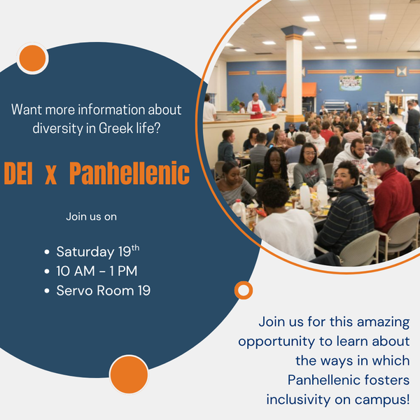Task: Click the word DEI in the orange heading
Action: point(18,173)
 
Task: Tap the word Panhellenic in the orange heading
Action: point(129,173)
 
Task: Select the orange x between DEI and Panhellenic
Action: point(51,175)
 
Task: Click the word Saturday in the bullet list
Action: point(85,252)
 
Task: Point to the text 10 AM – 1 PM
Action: point(97,271)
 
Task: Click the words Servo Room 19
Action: point(104,290)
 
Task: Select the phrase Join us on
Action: point(91,216)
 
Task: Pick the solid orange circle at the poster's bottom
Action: point(129,374)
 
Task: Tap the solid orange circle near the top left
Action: point(32,58)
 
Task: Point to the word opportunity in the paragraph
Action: point(276,342)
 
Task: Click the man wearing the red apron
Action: point(255,106)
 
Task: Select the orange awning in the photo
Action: point(299,90)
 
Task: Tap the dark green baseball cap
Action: point(381,156)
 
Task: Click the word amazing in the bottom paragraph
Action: point(384,322)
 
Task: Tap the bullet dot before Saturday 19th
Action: point(47,252)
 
